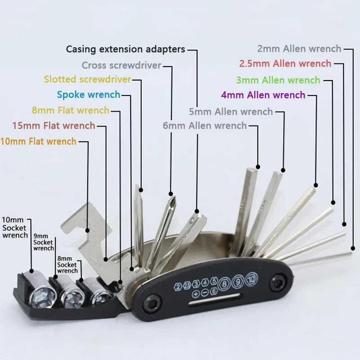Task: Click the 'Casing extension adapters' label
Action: click(126, 49)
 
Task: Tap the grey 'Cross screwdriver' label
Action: click(121, 65)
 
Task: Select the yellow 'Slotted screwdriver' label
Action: click(88, 80)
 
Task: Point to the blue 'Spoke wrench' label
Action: click(89, 94)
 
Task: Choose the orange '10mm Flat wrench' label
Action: click(38, 141)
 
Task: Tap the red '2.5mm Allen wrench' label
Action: click(285, 63)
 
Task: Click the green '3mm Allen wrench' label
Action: click(278, 81)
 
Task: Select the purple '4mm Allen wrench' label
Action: click(263, 95)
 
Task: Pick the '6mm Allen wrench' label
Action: click(205, 126)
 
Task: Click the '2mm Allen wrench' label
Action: click(299, 49)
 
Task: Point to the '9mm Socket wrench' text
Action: click(44, 242)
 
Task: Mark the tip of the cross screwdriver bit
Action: click(171, 195)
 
